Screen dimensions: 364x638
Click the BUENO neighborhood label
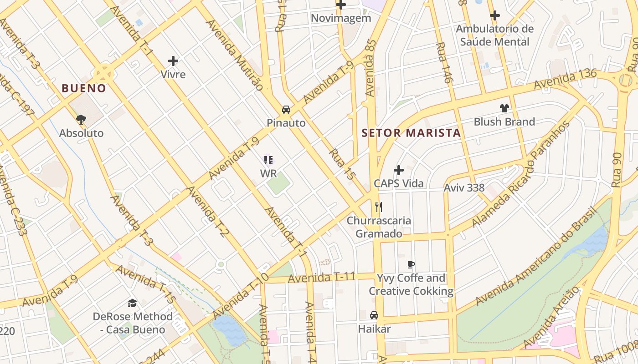84,88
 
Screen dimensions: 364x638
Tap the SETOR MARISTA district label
411,133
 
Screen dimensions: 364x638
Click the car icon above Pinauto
286,110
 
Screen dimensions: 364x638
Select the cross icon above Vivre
173,61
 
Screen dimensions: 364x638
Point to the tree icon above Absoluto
81,120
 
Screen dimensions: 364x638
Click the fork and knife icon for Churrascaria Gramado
378,207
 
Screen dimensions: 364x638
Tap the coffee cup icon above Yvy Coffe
411,264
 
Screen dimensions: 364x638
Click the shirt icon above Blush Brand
504,108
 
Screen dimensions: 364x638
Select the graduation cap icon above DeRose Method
133,303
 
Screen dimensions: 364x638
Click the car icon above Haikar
374,315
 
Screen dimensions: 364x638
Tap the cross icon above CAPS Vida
399,170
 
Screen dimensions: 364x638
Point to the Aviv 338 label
464,187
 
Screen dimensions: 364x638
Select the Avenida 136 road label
565,79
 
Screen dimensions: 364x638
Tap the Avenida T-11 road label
321,277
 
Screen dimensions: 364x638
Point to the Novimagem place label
341,18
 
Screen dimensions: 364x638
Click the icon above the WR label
268,160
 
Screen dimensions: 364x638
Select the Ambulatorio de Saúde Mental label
494,35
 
